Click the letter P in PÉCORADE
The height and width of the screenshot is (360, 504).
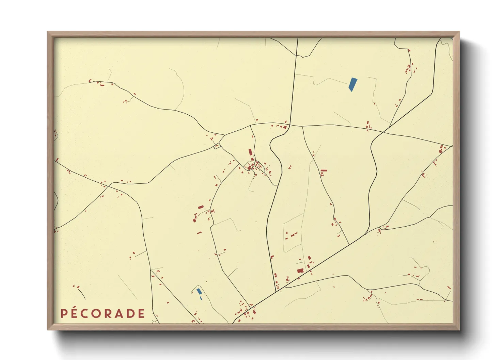click(x=64, y=314)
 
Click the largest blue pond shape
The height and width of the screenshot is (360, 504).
click(x=353, y=84)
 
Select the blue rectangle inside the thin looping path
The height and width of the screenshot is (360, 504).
click(x=199, y=291)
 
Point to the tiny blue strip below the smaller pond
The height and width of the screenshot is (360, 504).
click(x=201, y=298)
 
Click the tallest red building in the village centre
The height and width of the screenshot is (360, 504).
click(x=251, y=152)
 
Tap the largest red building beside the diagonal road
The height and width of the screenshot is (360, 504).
click(x=300, y=271)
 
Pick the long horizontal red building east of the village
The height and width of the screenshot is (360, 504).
click(x=324, y=170)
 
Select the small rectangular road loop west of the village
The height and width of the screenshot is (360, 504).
click(x=217, y=146)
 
